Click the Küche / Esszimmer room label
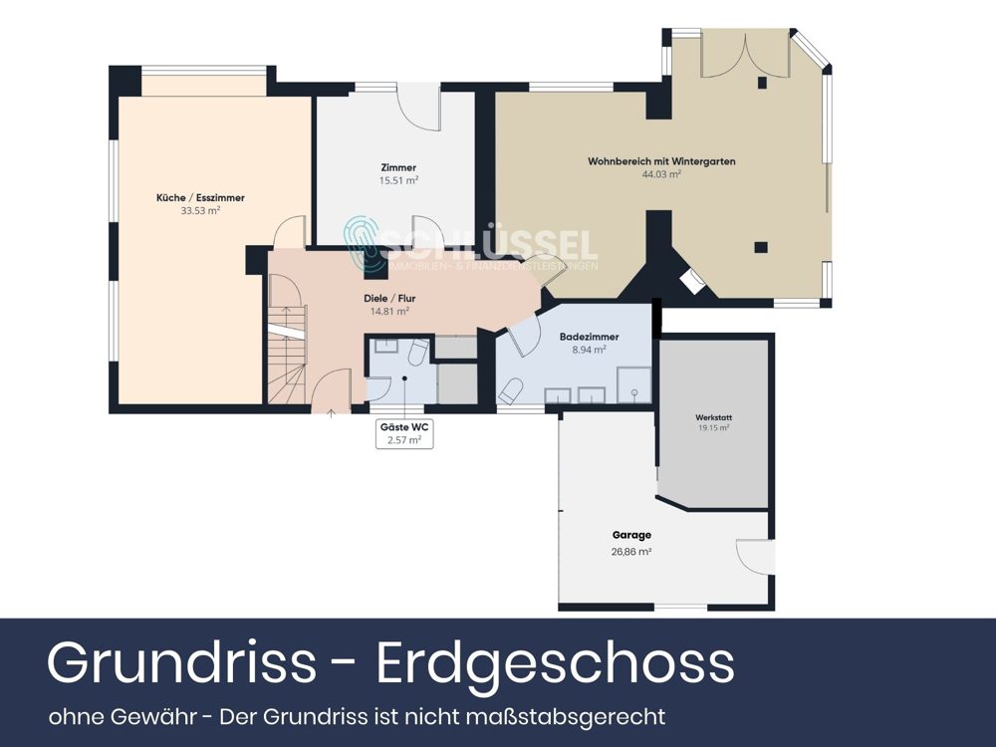click(x=200, y=198)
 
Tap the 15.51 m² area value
click(x=398, y=180)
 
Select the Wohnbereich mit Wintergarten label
click(x=661, y=161)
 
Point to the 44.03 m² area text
click(x=661, y=174)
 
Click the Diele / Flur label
click(x=389, y=298)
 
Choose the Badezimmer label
click(x=590, y=337)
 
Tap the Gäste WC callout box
click(x=404, y=433)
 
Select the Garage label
click(x=632, y=536)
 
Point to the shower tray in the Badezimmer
click(x=633, y=384)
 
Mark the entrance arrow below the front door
click(x=331, y=412)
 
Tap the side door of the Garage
click(x=755, y=556)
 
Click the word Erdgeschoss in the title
click(x=556, y=662)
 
